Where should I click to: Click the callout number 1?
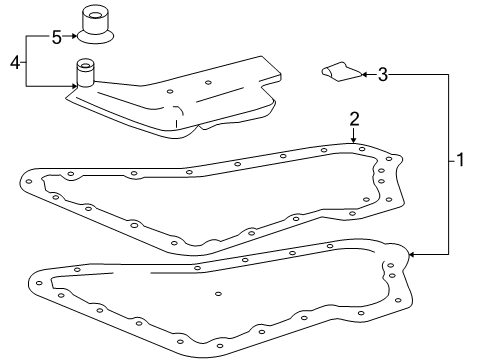click(460, 159)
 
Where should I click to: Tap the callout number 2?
click(353, 119)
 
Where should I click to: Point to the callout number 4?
click(14, 62)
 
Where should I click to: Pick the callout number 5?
click(57, 38)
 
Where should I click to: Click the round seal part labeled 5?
click(97, 28)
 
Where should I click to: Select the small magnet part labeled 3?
click(340, 71)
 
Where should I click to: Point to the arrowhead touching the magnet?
click(366, 73)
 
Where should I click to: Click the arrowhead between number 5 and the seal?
click(74, 38)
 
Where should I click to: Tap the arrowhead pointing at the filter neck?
click(71, 86)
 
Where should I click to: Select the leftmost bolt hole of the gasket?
click(30, 182)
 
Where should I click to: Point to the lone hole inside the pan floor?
click(218, 294)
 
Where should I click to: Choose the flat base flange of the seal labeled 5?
click(97, 41)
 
